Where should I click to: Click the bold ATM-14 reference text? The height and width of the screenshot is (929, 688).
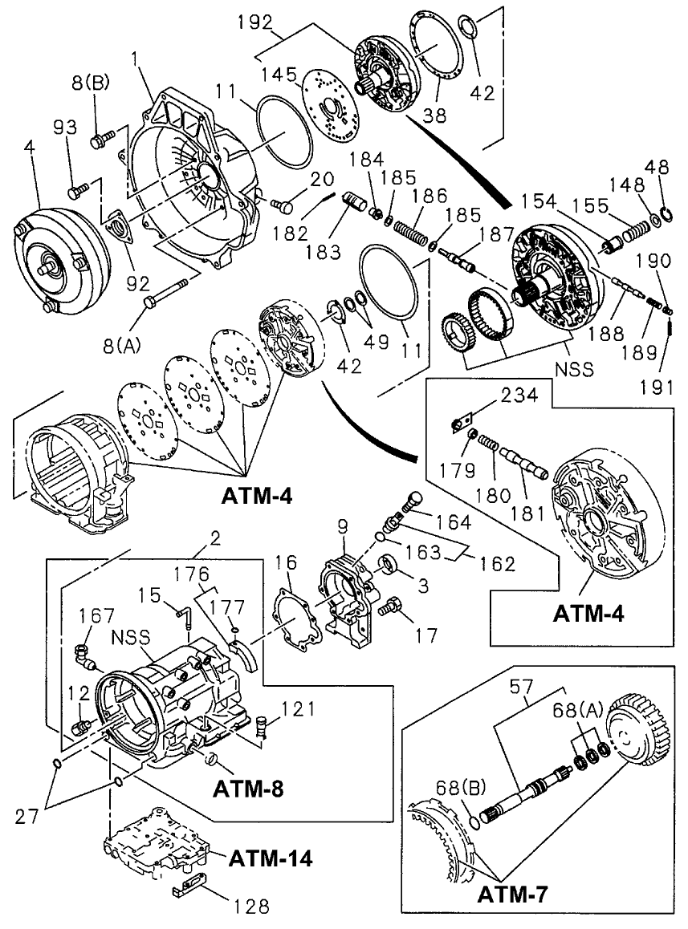(x=270, y=858)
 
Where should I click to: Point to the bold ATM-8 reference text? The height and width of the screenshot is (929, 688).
(x=248, y=788)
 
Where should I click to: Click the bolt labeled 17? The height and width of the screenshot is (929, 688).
(x=391, y=609)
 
